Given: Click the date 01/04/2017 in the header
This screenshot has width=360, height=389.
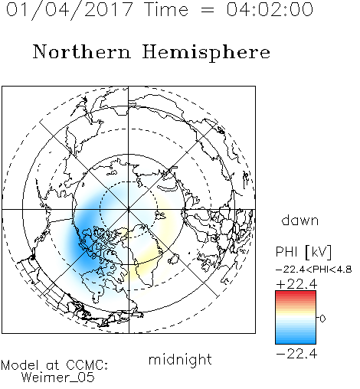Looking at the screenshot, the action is pyautogui.click(x=70, y=10).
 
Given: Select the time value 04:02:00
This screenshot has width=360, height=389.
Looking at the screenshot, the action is pyautogui.click(x=270, y=9).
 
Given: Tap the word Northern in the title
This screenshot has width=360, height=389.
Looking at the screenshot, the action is pyautogui.click(x=82, y=52).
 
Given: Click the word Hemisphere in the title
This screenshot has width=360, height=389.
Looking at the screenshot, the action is pyautogui.click(x=206, y=53).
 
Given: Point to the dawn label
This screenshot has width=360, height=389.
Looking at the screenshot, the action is pyautogui.click(x=300, y=220).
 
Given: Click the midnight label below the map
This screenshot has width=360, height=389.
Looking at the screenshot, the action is pyautogui.click(x=180, y=360).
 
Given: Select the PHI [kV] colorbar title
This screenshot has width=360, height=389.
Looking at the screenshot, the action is pyautogui.click(x=303, y=252).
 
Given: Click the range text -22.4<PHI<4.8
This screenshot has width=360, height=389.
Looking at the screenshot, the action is pyautogui.click(x=314, y=270).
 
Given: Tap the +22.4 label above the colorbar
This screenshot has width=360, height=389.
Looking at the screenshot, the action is pyautogui.click(x=296, y=284).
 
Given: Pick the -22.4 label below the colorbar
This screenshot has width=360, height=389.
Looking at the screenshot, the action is pyautogui.click(x=296, y=354).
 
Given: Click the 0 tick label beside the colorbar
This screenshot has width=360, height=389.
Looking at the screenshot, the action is pyautogui.click(x=322, y=319).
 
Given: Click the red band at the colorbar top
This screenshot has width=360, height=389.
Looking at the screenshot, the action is pyautogui.click(x=296, y=294).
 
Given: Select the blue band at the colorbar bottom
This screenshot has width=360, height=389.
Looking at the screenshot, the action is pyautogui.click(x=296, y=340).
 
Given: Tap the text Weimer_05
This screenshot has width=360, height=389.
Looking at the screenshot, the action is pyautogui.click(x=58, y=378).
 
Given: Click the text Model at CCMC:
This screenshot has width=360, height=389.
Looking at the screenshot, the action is pyautogui.click(x=54, y=365).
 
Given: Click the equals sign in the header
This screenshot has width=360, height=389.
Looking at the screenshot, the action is pyautogui.click(x=208, y=10).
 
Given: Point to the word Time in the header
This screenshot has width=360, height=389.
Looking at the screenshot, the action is pyautogui.click(x=166, y=9).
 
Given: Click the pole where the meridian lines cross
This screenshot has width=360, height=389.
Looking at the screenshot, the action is pyautogui.click(x=129, y=210).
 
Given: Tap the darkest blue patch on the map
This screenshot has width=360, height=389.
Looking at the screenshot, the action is pyautogui.click(x=82, y=247).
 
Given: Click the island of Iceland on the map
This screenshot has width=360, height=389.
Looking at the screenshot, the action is pyautogui.click(x=174, y=259).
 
